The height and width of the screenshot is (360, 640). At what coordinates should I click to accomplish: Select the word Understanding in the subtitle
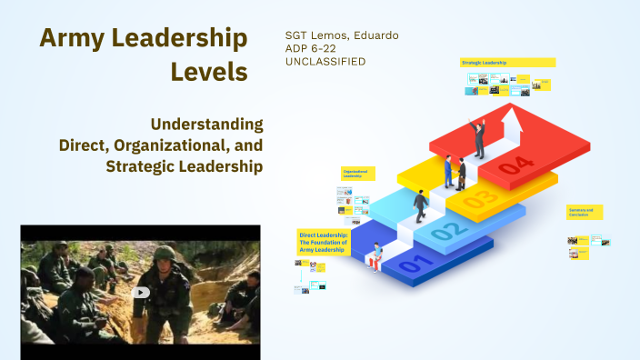click(x=206, y=124)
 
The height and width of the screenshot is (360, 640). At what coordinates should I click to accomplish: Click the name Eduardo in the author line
click(x=375, y=35)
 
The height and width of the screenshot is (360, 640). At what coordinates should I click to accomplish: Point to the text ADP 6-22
click(x=312, y=48)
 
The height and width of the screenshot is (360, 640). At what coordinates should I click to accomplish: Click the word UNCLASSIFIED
click(x=325, y=61)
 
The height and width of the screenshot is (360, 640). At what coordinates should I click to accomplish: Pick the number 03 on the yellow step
click(x=481, y=197)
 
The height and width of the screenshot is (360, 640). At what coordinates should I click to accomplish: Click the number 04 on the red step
click(x=513, y=165)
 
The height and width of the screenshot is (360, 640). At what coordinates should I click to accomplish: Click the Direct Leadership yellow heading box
click(x=323, y=241)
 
